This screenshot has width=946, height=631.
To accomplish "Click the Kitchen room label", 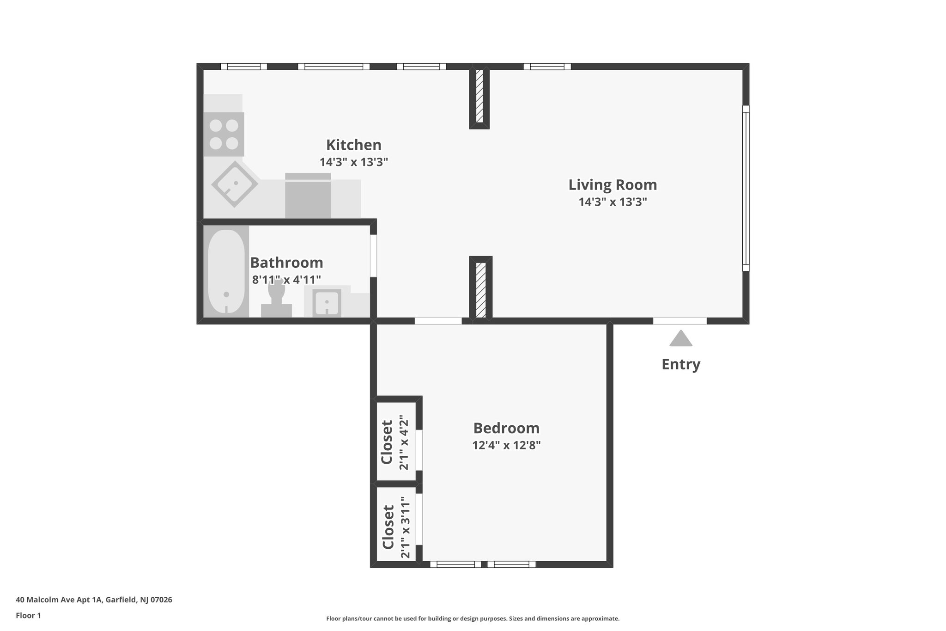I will pos(353,145).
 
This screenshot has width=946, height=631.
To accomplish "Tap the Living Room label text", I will pos(612,185).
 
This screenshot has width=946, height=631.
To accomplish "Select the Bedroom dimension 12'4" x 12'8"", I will pos(506,446).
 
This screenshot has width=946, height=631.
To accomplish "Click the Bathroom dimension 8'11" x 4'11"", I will pos(286,280).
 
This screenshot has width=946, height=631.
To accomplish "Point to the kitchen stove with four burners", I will pos(224,134).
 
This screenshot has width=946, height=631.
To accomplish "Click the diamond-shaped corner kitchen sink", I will pos(235,184).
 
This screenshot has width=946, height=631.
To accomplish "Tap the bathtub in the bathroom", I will pos(226,271).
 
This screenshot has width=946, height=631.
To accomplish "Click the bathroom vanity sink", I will pos(327,303).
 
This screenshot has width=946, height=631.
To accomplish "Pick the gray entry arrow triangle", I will pos(680,339).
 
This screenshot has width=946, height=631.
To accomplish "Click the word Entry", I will pos(680,364).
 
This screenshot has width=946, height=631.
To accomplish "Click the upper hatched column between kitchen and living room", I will pos(479,96).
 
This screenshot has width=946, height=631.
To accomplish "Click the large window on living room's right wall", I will pos(746,188).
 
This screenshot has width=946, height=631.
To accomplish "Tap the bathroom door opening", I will pos(373,256).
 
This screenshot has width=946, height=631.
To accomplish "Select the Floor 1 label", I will pos(28,616).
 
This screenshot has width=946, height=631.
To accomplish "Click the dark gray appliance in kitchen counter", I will pos(308,196).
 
